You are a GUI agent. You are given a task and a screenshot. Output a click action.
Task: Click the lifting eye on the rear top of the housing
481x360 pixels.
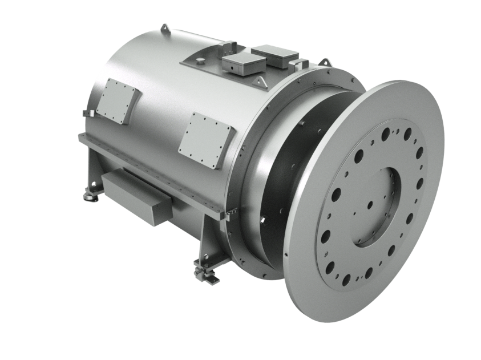tap(165, 28)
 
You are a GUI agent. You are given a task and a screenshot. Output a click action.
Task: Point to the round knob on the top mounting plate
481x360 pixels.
tap(202, 59)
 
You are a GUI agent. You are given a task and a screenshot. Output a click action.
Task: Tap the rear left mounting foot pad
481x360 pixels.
tap(90, 196)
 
